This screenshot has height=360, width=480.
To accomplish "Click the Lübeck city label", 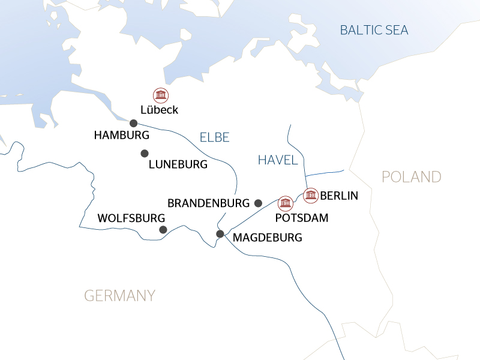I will (159, 110).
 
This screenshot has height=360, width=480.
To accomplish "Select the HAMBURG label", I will (121, 136).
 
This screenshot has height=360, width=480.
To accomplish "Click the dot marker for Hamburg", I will (134, 123).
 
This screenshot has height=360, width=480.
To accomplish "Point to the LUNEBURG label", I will (178, 164).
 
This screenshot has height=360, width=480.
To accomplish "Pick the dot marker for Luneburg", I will (145, 154).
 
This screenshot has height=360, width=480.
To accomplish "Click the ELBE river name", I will (214, 137).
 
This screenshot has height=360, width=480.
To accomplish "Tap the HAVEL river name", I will (278, 160).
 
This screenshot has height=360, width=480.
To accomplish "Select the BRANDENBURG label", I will (208, 203).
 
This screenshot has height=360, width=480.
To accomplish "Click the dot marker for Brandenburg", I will (258, 203).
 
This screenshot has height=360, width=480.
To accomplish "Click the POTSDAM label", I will (301, 218).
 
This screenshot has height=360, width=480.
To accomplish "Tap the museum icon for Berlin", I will (310, 196).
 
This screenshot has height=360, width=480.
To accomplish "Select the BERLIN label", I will (339, 196).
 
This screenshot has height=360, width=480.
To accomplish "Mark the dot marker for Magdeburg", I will (220, 233).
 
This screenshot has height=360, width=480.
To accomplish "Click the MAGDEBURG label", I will (267, 238).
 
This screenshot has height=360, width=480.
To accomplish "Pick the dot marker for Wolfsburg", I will (163, 230).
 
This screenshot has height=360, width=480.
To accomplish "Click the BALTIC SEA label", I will (374, 30).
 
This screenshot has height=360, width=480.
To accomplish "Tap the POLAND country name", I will (412, 177).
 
